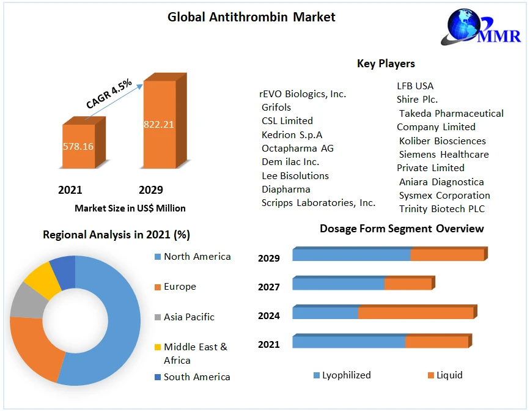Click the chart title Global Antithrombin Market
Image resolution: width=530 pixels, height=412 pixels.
(x=251, y=17)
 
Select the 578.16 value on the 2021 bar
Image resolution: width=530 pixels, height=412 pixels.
(x=78, y=147)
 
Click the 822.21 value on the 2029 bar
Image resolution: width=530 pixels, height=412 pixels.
(x=159, y=124)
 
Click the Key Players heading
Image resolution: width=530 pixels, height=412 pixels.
(x=386, y=64)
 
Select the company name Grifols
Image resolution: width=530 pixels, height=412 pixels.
(x=276, y=107)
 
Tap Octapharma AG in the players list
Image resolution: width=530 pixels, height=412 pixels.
(x=297, y=148)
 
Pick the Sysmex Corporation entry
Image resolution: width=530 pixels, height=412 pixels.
(x=444, y=196)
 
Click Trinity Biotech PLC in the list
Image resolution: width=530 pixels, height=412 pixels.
(x=441, y=209)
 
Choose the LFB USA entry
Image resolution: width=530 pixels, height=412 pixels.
(x=415, y=86)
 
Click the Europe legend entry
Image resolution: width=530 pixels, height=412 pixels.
(x=180, y=287)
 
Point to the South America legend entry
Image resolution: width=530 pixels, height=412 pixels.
(x=196, y=377)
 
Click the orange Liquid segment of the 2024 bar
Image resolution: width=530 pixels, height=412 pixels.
(x=416, y=313)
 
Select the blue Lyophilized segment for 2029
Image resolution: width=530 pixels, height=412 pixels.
(x=351, y=255)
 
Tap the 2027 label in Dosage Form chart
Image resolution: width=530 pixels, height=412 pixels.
(x=269, y=287)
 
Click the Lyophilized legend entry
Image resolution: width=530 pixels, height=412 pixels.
(x=346, y=375)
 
